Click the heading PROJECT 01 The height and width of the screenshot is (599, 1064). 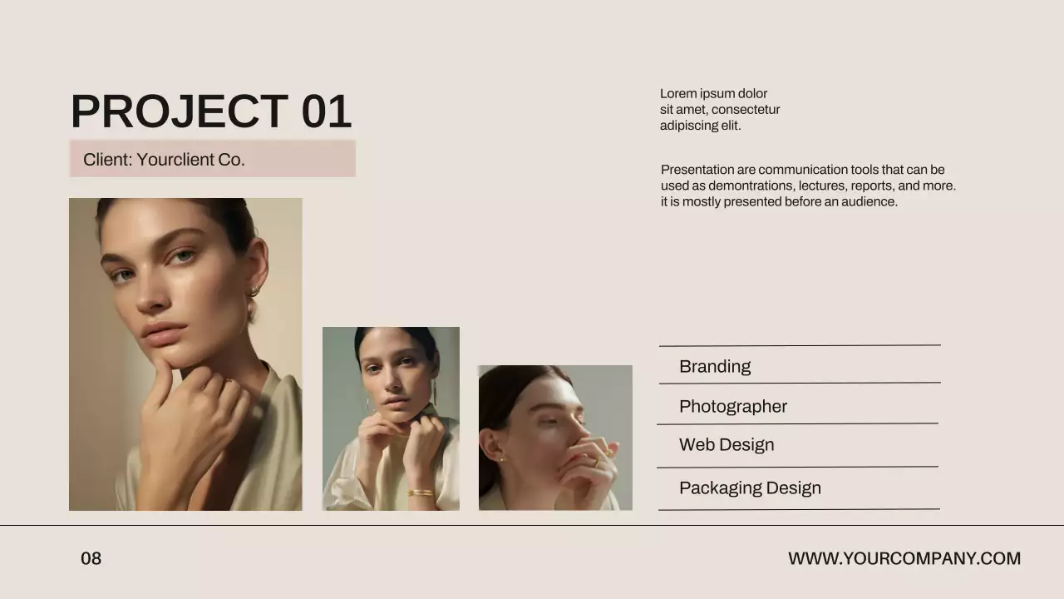pyautogui.click(x=210, y=111)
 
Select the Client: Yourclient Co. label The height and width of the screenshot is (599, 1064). pyautogui.click(x=164, y=160)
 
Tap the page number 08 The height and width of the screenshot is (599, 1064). pyautogui.click(x=91, y=559)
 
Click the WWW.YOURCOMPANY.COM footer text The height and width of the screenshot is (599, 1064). pyautogui.click(x=904, y=559)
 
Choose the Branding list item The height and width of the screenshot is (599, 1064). pyautogui.click(x=715, y=367)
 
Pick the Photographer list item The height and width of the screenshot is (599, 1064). pyautogui.click(x=733, y=407)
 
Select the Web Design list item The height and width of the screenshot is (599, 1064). pyautogui.click(x=727, y=445)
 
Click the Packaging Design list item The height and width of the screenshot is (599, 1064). pyautogui.click(x=750, y=488)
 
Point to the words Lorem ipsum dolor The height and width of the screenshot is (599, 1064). pyautogui.click(x=713, y=94)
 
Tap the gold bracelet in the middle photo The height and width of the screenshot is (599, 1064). pyautogui.click(x=421, y=493)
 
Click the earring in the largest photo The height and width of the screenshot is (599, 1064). pyautogui.click(x=254, y=290)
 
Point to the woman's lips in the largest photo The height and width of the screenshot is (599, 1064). pyautogui.click(x=164, y=330)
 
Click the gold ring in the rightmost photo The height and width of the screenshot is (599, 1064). pyautogui.click(x=595, y=463)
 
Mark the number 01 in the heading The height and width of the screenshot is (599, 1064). pyautogui.click(x=326, y=111)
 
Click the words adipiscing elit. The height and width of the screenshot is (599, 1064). pyautogui.click(x=700, y=126)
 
